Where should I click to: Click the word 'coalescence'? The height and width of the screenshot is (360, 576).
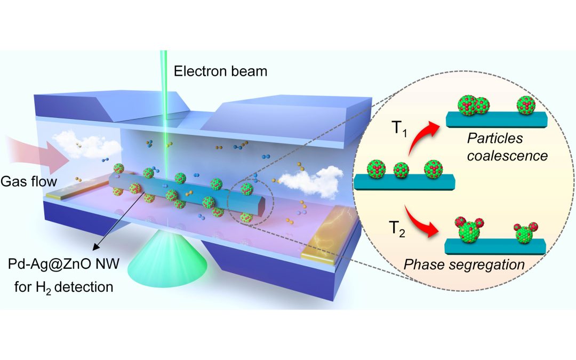[x=513, y=156]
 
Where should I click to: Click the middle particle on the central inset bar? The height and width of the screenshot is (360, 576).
[x=403, y=171]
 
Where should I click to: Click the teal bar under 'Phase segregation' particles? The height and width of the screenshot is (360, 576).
[x=495, y=246]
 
